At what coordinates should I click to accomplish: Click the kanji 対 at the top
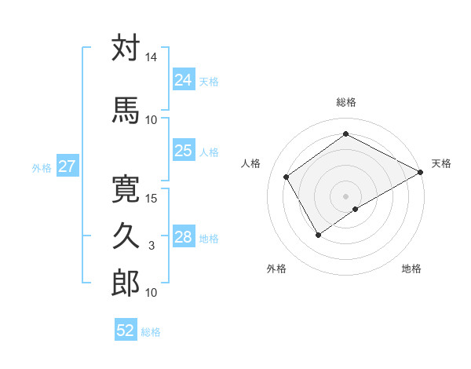coord(126,49)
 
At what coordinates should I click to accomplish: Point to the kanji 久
coord(126,236)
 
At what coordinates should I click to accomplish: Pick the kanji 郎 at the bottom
coord(126,283)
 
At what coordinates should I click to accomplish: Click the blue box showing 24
coord(183,80)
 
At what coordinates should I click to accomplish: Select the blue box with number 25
coord(183,151)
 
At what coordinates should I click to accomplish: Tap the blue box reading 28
coord(183,237)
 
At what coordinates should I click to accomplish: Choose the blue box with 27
coord(67,166)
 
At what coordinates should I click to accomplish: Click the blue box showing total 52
coord(126,331)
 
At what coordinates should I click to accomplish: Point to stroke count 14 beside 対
coord(152,58)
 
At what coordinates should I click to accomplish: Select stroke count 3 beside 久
coord(152,246)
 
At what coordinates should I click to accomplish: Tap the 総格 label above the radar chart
coord(345,102)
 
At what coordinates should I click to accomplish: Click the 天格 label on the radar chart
coord(441,163)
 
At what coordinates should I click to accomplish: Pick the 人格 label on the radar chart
coord(251,163)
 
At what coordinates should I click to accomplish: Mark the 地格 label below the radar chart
coord(411,269)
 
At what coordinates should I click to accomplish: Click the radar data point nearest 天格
coord(421,173)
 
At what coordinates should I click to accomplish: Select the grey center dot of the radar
coord(345,195)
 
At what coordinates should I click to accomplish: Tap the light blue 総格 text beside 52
coord(151,332)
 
